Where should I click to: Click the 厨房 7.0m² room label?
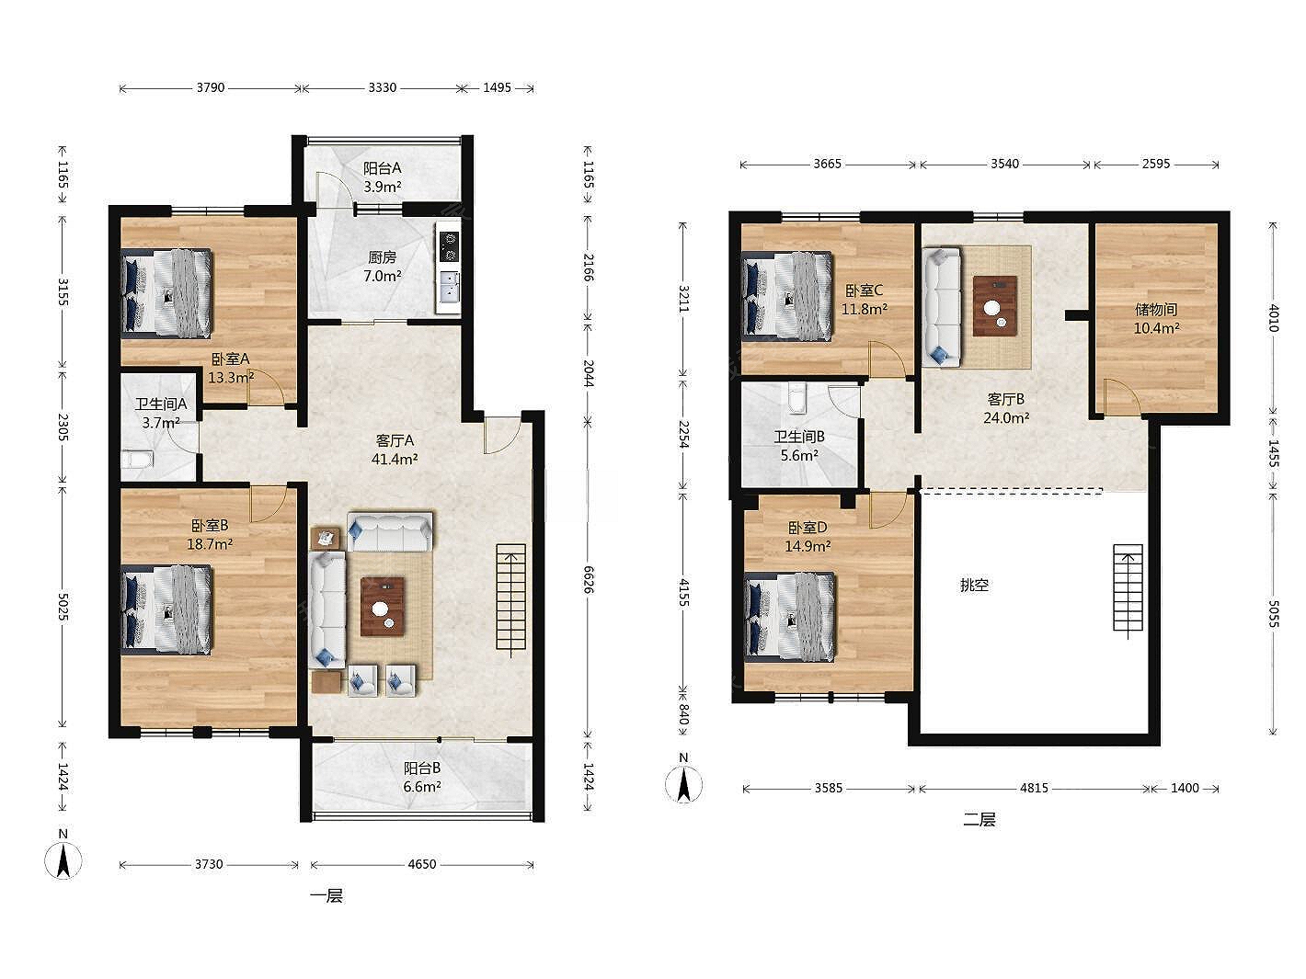pyautogui.click(x=382, y=267)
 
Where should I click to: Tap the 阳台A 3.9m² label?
pyautogui.click(x=382, y=177)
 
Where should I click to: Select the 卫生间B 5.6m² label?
pyautogui.click(x=799, y=446)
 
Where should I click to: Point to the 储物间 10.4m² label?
pyautogui.click(x=1156, y=319)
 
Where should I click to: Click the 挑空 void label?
pyautogui.click(x=974, y=585)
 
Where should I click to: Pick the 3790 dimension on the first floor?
pyautogui.click(x=211, y=87)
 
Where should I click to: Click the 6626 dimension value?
pyautogui.click(x=588, y=579)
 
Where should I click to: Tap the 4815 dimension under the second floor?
pyautogui.click(x=1034, y=788)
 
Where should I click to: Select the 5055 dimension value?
pyautogui.click(x=1273, y=614)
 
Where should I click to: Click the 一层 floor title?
pyautogui.click(x=326, y=895)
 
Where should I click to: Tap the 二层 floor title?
pyautogui.click(x=979, y=820)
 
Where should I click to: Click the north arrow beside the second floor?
pyautogui.click(x=683, y=783)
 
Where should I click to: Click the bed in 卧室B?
pyautogui.click(x=166, y=609)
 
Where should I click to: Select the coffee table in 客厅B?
pyautogui.click(x=995, y=306)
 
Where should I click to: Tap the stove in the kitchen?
pyautogui.click(x=449, y=246)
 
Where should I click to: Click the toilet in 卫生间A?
pyautogui.click(x=137, y=460)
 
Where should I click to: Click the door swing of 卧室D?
pyautogui.click(x=888, y=509)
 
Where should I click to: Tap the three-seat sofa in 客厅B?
pyautogui.click(x=941, y=307)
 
